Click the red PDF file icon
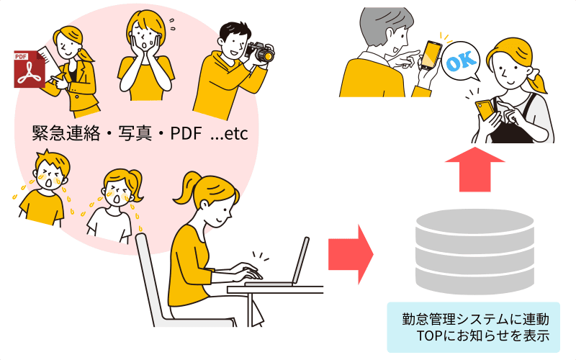tap(30, 69)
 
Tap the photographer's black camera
tap(261, 52)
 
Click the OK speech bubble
tap(461, 61)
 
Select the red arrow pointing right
tap(351, 254)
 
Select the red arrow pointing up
tap(475, 169)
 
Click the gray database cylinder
tap(474, 251)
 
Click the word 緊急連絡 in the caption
tap(66, 133)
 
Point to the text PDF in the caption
tap(186, 133)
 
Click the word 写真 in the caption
tap(135, 133)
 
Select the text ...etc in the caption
tap(229, 134)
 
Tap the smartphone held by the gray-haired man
tap(431, 55)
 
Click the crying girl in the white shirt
tap(112, 207)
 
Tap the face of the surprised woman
tap(145, 37)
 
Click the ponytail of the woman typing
tap(186, 189)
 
